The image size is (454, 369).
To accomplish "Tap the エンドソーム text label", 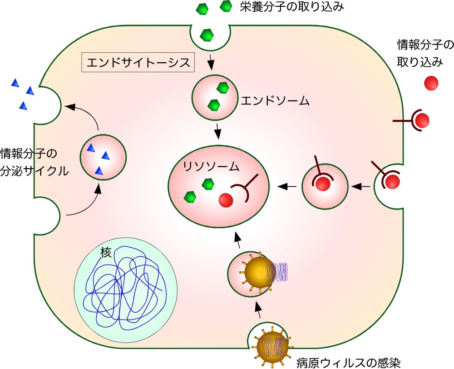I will (x=275, y=100).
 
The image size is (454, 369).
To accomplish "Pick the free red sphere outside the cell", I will (x=431, y=83).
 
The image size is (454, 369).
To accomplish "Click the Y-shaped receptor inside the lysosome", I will (x=247, y=189).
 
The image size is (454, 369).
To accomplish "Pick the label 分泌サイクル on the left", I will (x=35, y=172).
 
